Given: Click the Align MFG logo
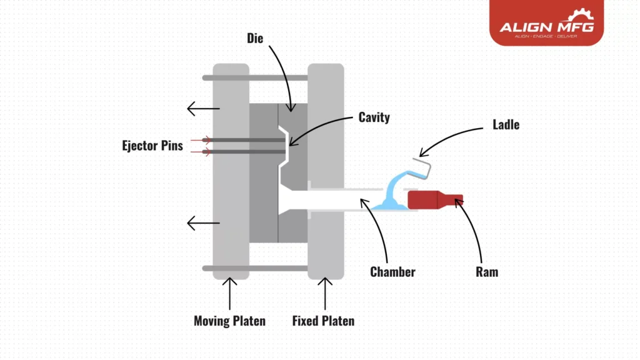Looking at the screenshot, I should (x=546, y=24).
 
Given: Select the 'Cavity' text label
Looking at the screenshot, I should (x=374, y=117).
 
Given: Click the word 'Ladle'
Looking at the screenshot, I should (x=505, y=125).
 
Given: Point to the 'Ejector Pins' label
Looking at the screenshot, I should (x=152, y=146).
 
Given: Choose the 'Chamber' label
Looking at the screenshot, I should (x=392, y=272).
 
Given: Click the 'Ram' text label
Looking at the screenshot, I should (x=486, y=272).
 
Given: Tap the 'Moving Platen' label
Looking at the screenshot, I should (x=229, y=321).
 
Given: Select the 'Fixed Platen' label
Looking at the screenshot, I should (x=323, y=321).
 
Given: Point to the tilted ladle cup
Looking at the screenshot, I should (x=427, y=169).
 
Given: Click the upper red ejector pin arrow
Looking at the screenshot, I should (x=200, y=140).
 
